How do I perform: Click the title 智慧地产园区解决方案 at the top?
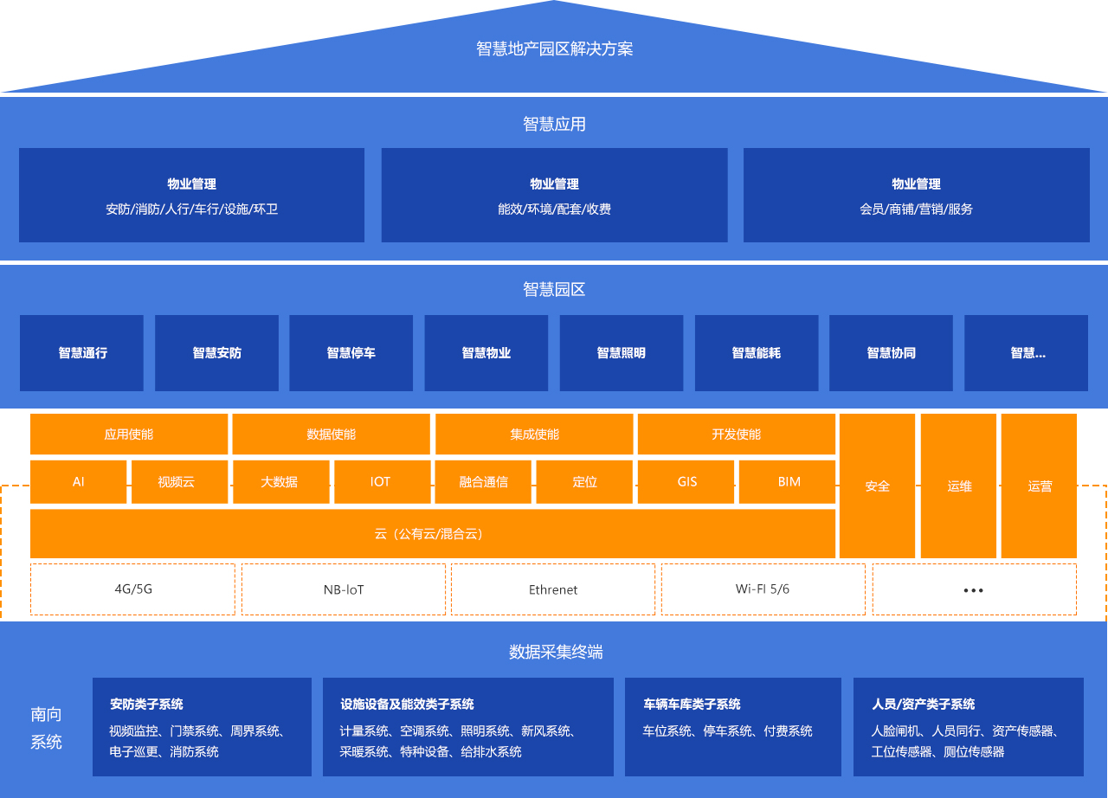point(554,49)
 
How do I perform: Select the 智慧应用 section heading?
point(554,124)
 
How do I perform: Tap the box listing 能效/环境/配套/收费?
point(554,195)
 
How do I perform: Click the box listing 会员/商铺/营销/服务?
point(916,195)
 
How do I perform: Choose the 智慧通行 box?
point(82,353)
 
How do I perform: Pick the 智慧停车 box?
point(351,353)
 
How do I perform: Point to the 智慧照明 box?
point(621,353)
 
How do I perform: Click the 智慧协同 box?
point(891,353)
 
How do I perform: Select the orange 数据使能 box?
point(331,434)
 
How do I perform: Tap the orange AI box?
point(78,481)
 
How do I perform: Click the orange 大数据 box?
point(280,481)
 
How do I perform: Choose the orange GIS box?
point(686,481)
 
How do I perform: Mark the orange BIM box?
point(788,481)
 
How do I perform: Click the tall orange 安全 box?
point(877,486)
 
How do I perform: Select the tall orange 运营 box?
point(1039,486)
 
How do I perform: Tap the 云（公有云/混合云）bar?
point(432,533)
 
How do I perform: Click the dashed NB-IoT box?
point(343,589)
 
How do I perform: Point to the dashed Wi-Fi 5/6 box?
point(763,589)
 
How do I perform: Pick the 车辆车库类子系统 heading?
point(691,704)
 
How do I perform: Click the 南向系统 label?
point(46,728)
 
